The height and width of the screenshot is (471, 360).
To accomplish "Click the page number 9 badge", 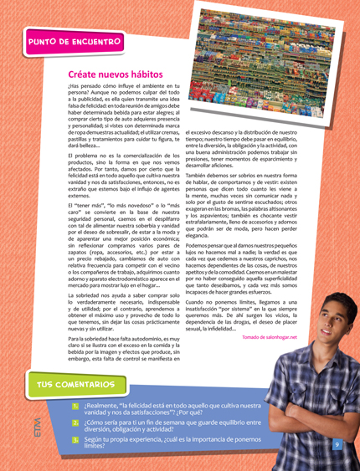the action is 337,444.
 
